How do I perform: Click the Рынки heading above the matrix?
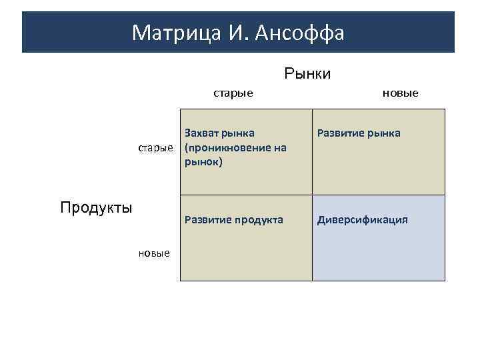307,73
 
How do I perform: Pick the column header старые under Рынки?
233,93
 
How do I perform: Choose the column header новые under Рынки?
400,93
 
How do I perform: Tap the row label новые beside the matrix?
154,253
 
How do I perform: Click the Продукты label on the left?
96,207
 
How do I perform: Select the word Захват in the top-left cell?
203,133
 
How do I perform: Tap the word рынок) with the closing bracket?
203,161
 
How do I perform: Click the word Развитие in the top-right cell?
340,133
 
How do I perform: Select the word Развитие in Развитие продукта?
207,220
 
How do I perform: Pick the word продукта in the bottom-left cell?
258,220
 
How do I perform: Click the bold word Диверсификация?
363,220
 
